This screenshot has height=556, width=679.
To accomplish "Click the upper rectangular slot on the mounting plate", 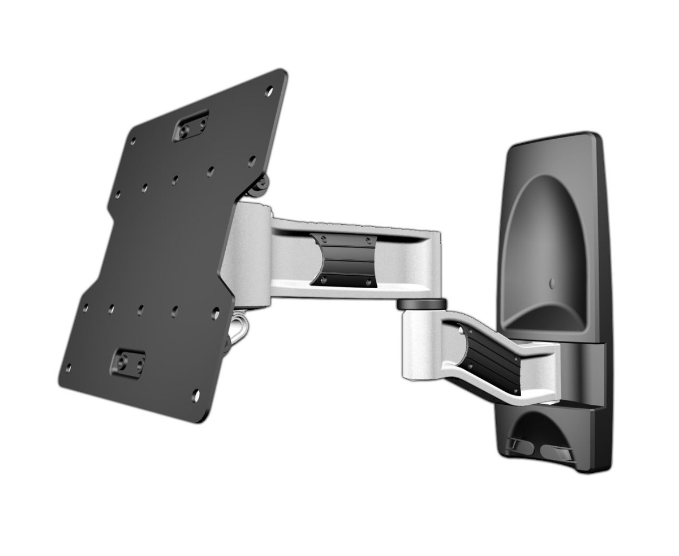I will point(191,126).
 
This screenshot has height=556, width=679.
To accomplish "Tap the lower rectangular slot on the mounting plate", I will point(127,363).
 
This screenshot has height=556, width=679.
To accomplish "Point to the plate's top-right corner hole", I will point(269,90).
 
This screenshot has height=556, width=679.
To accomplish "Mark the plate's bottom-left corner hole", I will point(68,368).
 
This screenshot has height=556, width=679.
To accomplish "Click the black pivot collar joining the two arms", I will point(422,304).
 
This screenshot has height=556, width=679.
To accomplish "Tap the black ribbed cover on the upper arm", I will point(344,260).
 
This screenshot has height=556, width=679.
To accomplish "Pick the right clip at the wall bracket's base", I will point(556,452).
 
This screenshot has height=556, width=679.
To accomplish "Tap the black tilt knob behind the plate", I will point(261,182).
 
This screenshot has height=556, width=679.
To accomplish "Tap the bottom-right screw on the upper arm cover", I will point(368,282).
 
